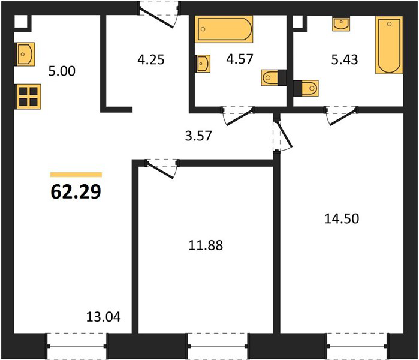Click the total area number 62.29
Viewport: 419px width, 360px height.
click(x=76, y=191)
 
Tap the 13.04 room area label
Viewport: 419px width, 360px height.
click(x=104, y=317)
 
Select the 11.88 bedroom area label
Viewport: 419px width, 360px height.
click(x=206, y=245)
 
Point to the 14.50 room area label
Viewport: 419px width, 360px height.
click(x=342, y=218)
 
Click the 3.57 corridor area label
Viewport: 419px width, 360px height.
click(x=198, y=136)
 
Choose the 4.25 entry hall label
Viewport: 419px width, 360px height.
click(x=151, y=59)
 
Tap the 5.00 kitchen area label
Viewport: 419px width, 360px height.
click(x=62, y=71)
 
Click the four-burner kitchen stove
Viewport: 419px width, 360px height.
click(x=28, y=97)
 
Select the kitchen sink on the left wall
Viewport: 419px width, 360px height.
click(x=25, y=54)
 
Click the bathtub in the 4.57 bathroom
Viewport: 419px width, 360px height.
click(x=224, y=29)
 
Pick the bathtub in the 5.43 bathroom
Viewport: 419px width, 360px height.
click(x=389, y=45)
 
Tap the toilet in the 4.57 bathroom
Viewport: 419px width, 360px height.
click(x=273, y=78)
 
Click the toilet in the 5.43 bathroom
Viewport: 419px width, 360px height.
click(x=306, y=88)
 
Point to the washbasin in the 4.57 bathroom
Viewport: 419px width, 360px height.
click(x=203, y=64)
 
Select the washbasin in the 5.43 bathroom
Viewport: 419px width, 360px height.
click(x=341, y=24)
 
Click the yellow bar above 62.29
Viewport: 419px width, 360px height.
click(x=76, y=175)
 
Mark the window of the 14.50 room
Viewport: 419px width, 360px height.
click(x=357, y=346)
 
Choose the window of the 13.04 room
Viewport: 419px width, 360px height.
click(x=77, y=346)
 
